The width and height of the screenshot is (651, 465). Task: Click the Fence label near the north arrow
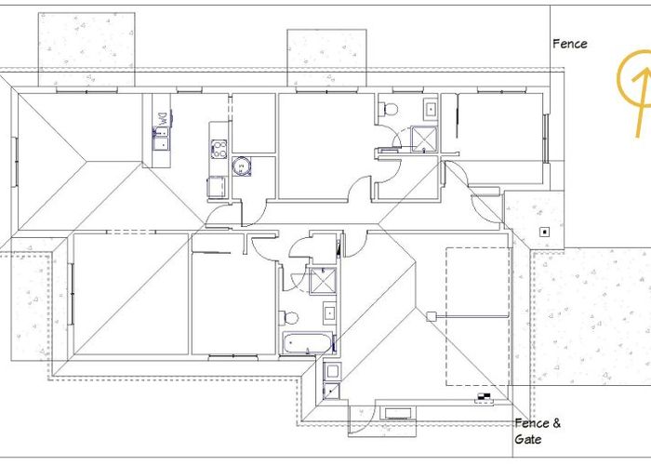point(569,44)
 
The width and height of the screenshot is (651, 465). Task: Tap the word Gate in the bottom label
point(527,438)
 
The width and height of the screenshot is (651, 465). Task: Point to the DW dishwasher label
point(163,119)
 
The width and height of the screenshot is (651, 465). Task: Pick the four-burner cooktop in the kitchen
point(219,149)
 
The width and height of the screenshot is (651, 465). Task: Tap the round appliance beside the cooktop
point(242,166)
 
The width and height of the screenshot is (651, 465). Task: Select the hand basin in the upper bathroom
point(430,110)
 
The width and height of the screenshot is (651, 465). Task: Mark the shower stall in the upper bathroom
point(424,139)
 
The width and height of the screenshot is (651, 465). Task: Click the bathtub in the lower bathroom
point(308,342)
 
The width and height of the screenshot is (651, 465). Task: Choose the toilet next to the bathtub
point(289,318)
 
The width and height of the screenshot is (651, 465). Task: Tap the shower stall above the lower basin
point(323,281)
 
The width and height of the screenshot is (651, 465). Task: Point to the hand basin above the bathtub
point(329,313)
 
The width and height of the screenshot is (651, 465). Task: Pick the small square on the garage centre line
point(432,317)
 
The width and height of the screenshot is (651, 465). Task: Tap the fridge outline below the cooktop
point(217,186)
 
